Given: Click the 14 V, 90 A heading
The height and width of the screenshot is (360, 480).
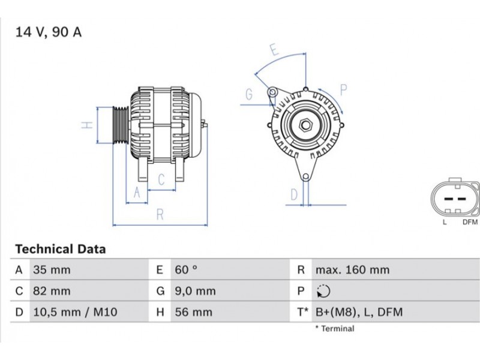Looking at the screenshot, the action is point(49,32).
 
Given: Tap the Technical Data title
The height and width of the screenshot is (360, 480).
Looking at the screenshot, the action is point(61,249).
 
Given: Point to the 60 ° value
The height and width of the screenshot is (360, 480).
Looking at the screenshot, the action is point(186,269).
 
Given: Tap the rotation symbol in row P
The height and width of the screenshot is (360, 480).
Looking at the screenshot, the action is point(323,291).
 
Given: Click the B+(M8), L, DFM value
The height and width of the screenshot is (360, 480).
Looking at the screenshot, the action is point(359,312).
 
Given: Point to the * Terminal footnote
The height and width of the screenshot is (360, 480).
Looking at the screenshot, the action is point(335,328).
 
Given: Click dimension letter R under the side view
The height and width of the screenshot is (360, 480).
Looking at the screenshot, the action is point(160,215).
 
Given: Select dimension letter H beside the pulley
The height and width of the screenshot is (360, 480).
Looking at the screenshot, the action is point(87,125).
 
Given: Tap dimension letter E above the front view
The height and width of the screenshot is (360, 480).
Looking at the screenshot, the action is point(274,50).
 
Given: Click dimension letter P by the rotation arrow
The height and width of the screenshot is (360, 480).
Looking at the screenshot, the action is point(343,90).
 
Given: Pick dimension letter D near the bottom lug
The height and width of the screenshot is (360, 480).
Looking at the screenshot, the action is point(294,194).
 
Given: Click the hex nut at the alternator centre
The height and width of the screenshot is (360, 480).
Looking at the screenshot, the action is point(305,125).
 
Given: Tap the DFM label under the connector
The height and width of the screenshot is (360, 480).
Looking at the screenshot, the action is point(470,222).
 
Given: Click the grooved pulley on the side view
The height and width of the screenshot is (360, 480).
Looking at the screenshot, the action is point(120,125).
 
